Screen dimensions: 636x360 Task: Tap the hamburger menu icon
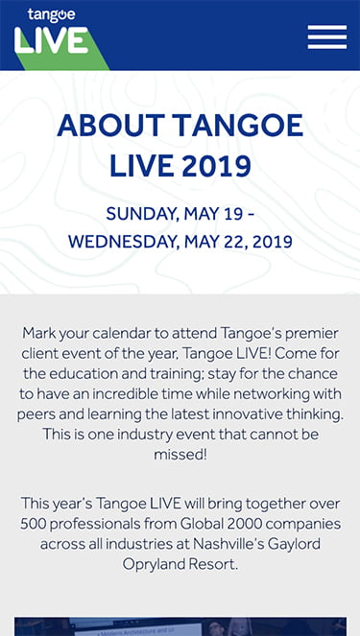[326, 36]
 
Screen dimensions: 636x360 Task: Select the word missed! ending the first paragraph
[180, 454]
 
